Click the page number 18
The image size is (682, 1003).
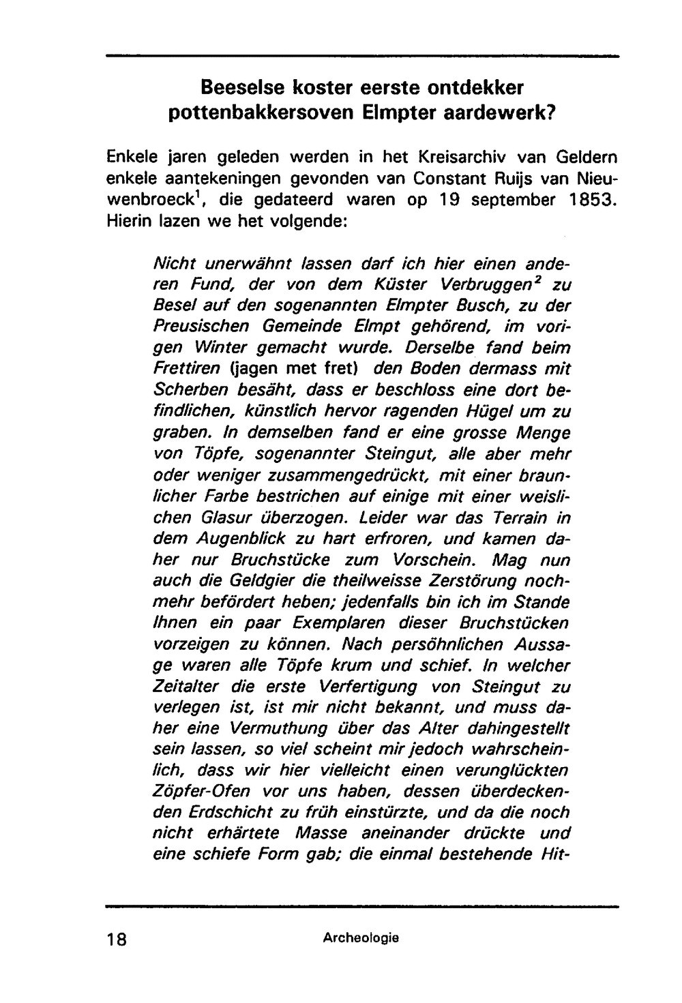[117, 938]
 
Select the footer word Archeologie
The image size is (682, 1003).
[361, 938]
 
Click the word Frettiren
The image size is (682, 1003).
[187, 369]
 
